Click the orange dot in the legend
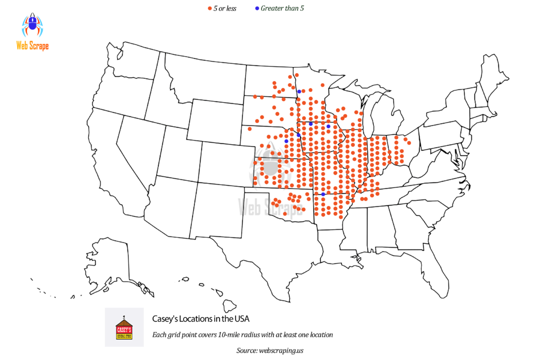click(x=209, y=8)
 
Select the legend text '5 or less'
click(x=225, y=8)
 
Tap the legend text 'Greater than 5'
click(x=282, y=8)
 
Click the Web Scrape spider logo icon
click(x=32, y=25)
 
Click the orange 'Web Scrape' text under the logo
click(x=32, y=46)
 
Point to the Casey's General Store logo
click(x=124, y=327)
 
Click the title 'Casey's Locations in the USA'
click(x=200, y=318)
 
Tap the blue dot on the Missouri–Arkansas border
click(x=323, y=194)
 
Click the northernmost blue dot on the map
click(x=298, y=91)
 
